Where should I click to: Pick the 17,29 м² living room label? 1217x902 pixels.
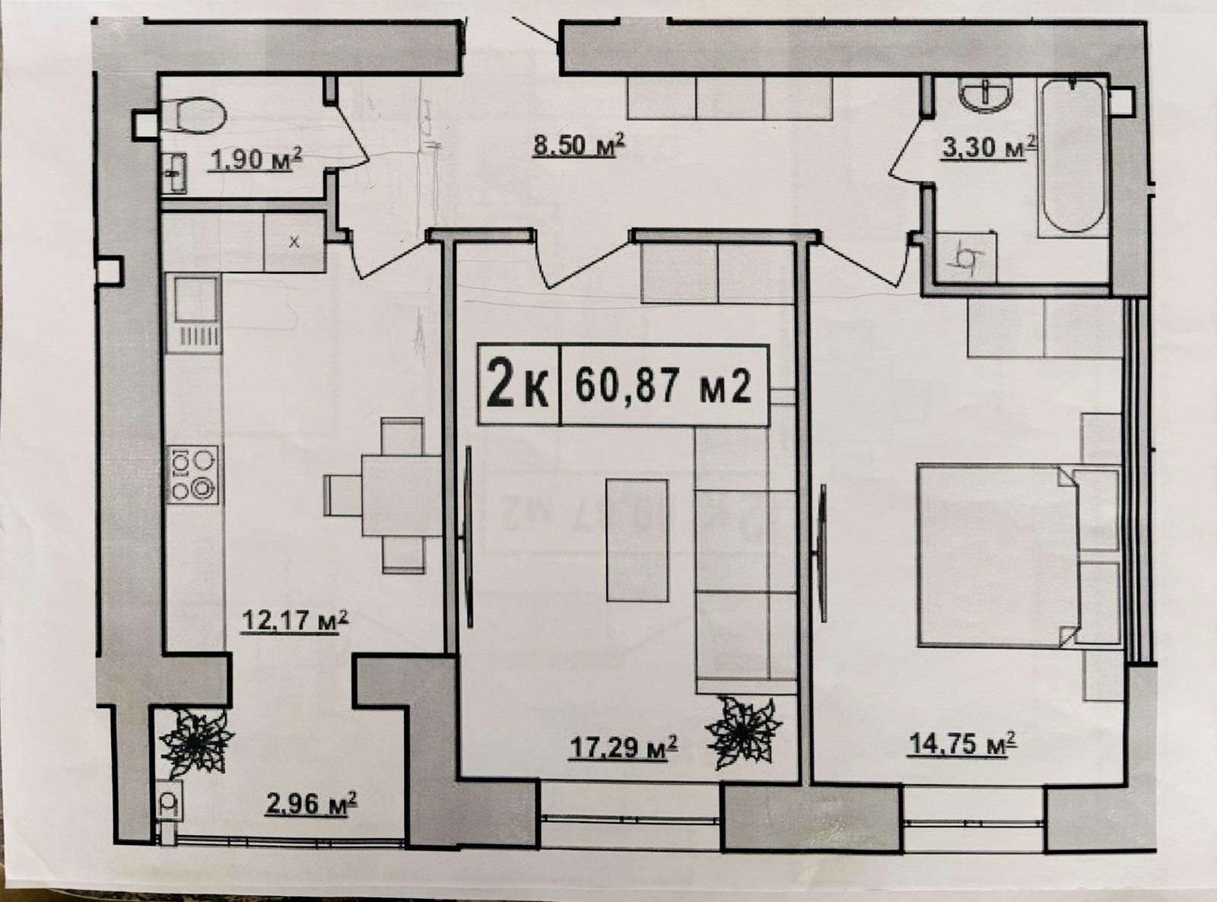(x=623, y=747)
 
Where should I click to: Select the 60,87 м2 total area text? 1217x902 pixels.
(x=663, y=387)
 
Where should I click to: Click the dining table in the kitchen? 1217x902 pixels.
(x=402, y=495)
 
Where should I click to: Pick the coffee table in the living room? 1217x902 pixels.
(x=637, y=540)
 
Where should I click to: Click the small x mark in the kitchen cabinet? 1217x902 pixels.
(x=294, y=242)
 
